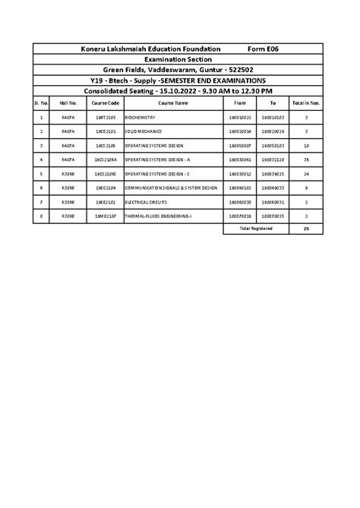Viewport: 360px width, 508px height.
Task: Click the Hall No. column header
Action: coord(69,103)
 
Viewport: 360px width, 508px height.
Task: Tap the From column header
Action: coord(240,103)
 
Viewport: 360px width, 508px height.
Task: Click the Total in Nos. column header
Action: coord(306,103)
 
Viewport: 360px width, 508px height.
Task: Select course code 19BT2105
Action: coord(106,118)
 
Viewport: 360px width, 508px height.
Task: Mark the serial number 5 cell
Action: coord(41,174)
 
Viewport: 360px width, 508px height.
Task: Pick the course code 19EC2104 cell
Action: coord(106,188)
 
